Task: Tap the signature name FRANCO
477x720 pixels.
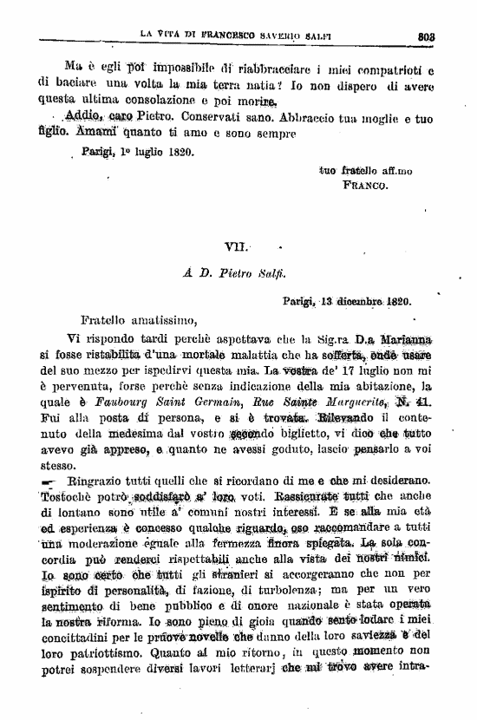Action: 365,185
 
